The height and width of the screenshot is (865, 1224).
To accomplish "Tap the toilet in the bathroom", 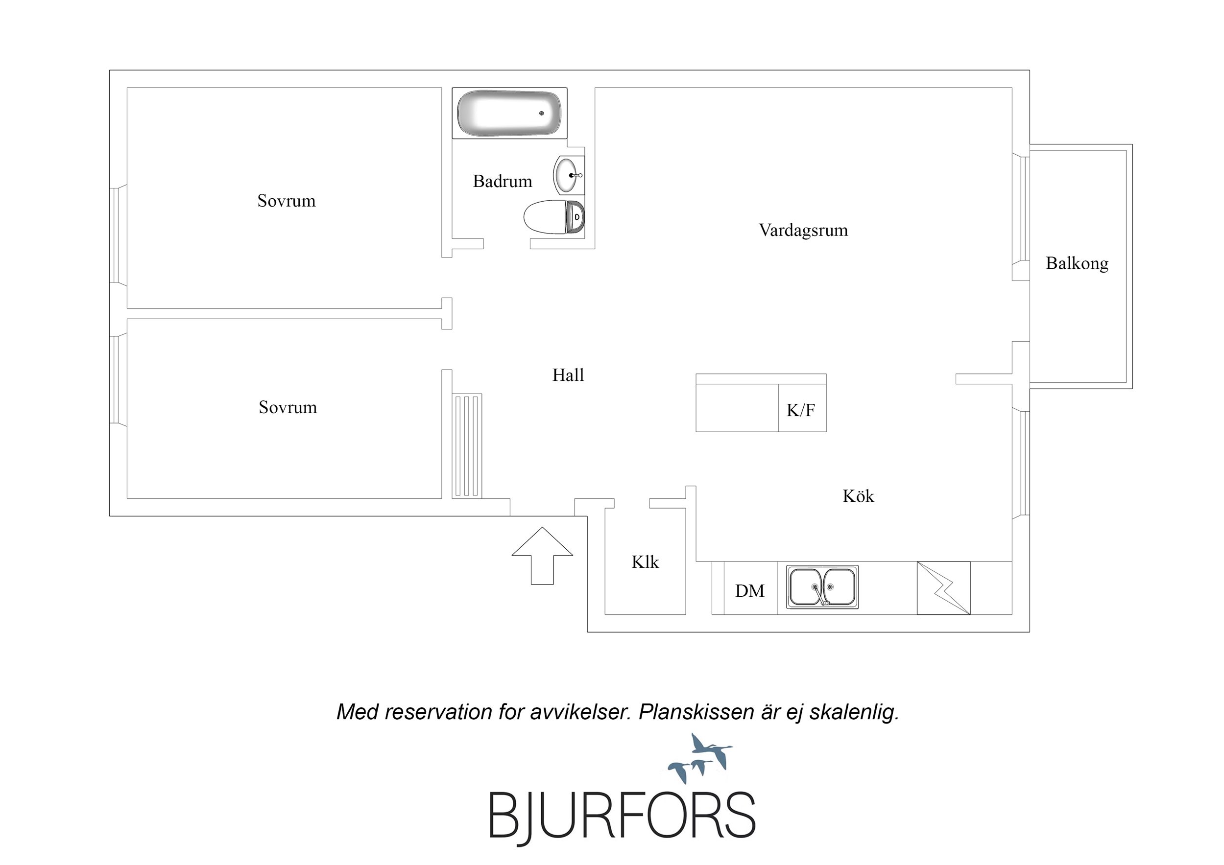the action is click(554, 217).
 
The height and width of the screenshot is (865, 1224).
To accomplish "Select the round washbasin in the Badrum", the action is click(568, 175).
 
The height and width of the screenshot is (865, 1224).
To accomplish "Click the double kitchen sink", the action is click(822, 587).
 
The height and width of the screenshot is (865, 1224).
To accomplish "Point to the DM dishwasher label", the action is click(749, 590).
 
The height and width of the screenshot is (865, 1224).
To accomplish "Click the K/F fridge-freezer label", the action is click(800, 410).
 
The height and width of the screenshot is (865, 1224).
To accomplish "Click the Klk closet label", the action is click(645, 562).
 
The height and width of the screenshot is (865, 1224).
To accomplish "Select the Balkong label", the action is click(1077, 263).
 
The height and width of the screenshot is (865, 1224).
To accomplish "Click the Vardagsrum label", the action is click(803, 230).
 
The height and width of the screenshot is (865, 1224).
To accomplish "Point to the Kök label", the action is click(858, 496).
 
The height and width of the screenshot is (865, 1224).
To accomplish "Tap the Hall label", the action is click(568, 375).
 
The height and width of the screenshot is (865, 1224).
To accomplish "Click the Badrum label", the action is click(502, 181).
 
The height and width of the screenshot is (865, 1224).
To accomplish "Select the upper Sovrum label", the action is click(286, 201).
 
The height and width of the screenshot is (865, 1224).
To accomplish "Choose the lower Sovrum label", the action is click(288, 407).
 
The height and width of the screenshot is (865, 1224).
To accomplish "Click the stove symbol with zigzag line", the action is click(943, 588).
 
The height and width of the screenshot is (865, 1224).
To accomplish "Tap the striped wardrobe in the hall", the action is click(467, 446).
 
